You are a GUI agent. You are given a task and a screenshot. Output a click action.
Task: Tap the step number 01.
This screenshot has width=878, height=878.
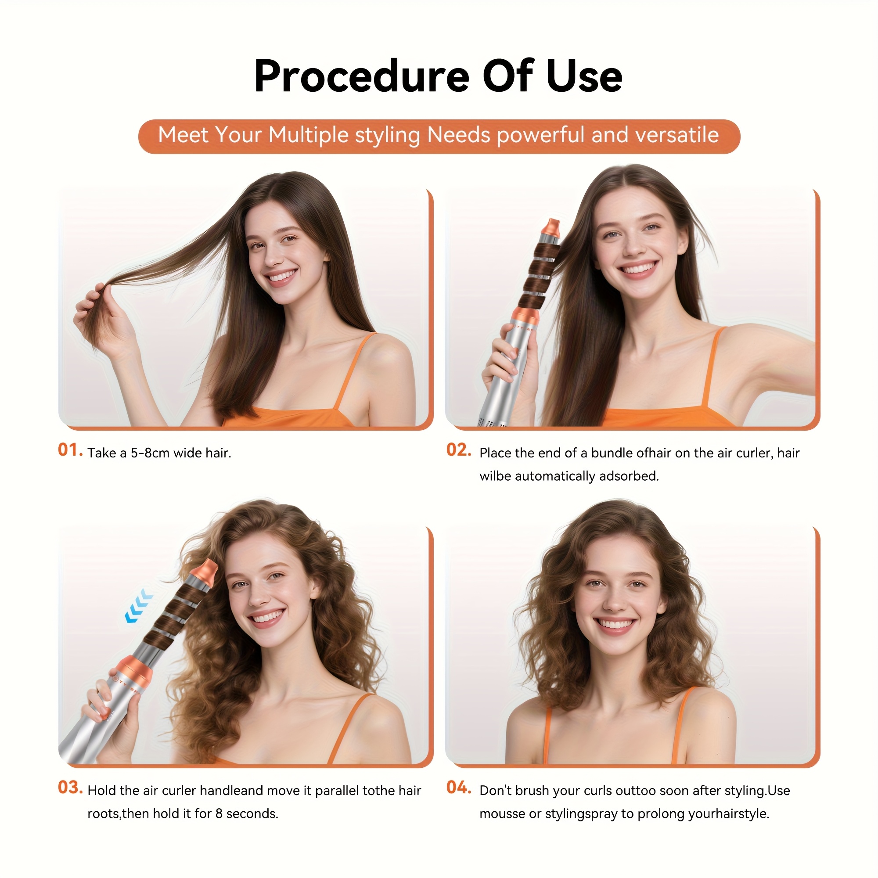click(70, 450)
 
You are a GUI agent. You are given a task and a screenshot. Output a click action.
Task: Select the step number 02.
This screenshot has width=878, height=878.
click(459, 450)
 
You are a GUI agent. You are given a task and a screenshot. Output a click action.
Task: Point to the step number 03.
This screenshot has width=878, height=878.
click(70, 788)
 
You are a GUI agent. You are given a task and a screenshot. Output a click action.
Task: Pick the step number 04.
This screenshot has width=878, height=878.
click(459, 788)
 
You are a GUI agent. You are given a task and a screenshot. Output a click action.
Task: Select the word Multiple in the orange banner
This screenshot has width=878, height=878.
click(309, 135)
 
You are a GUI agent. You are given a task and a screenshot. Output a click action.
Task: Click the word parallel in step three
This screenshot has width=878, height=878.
click(337, 791)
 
